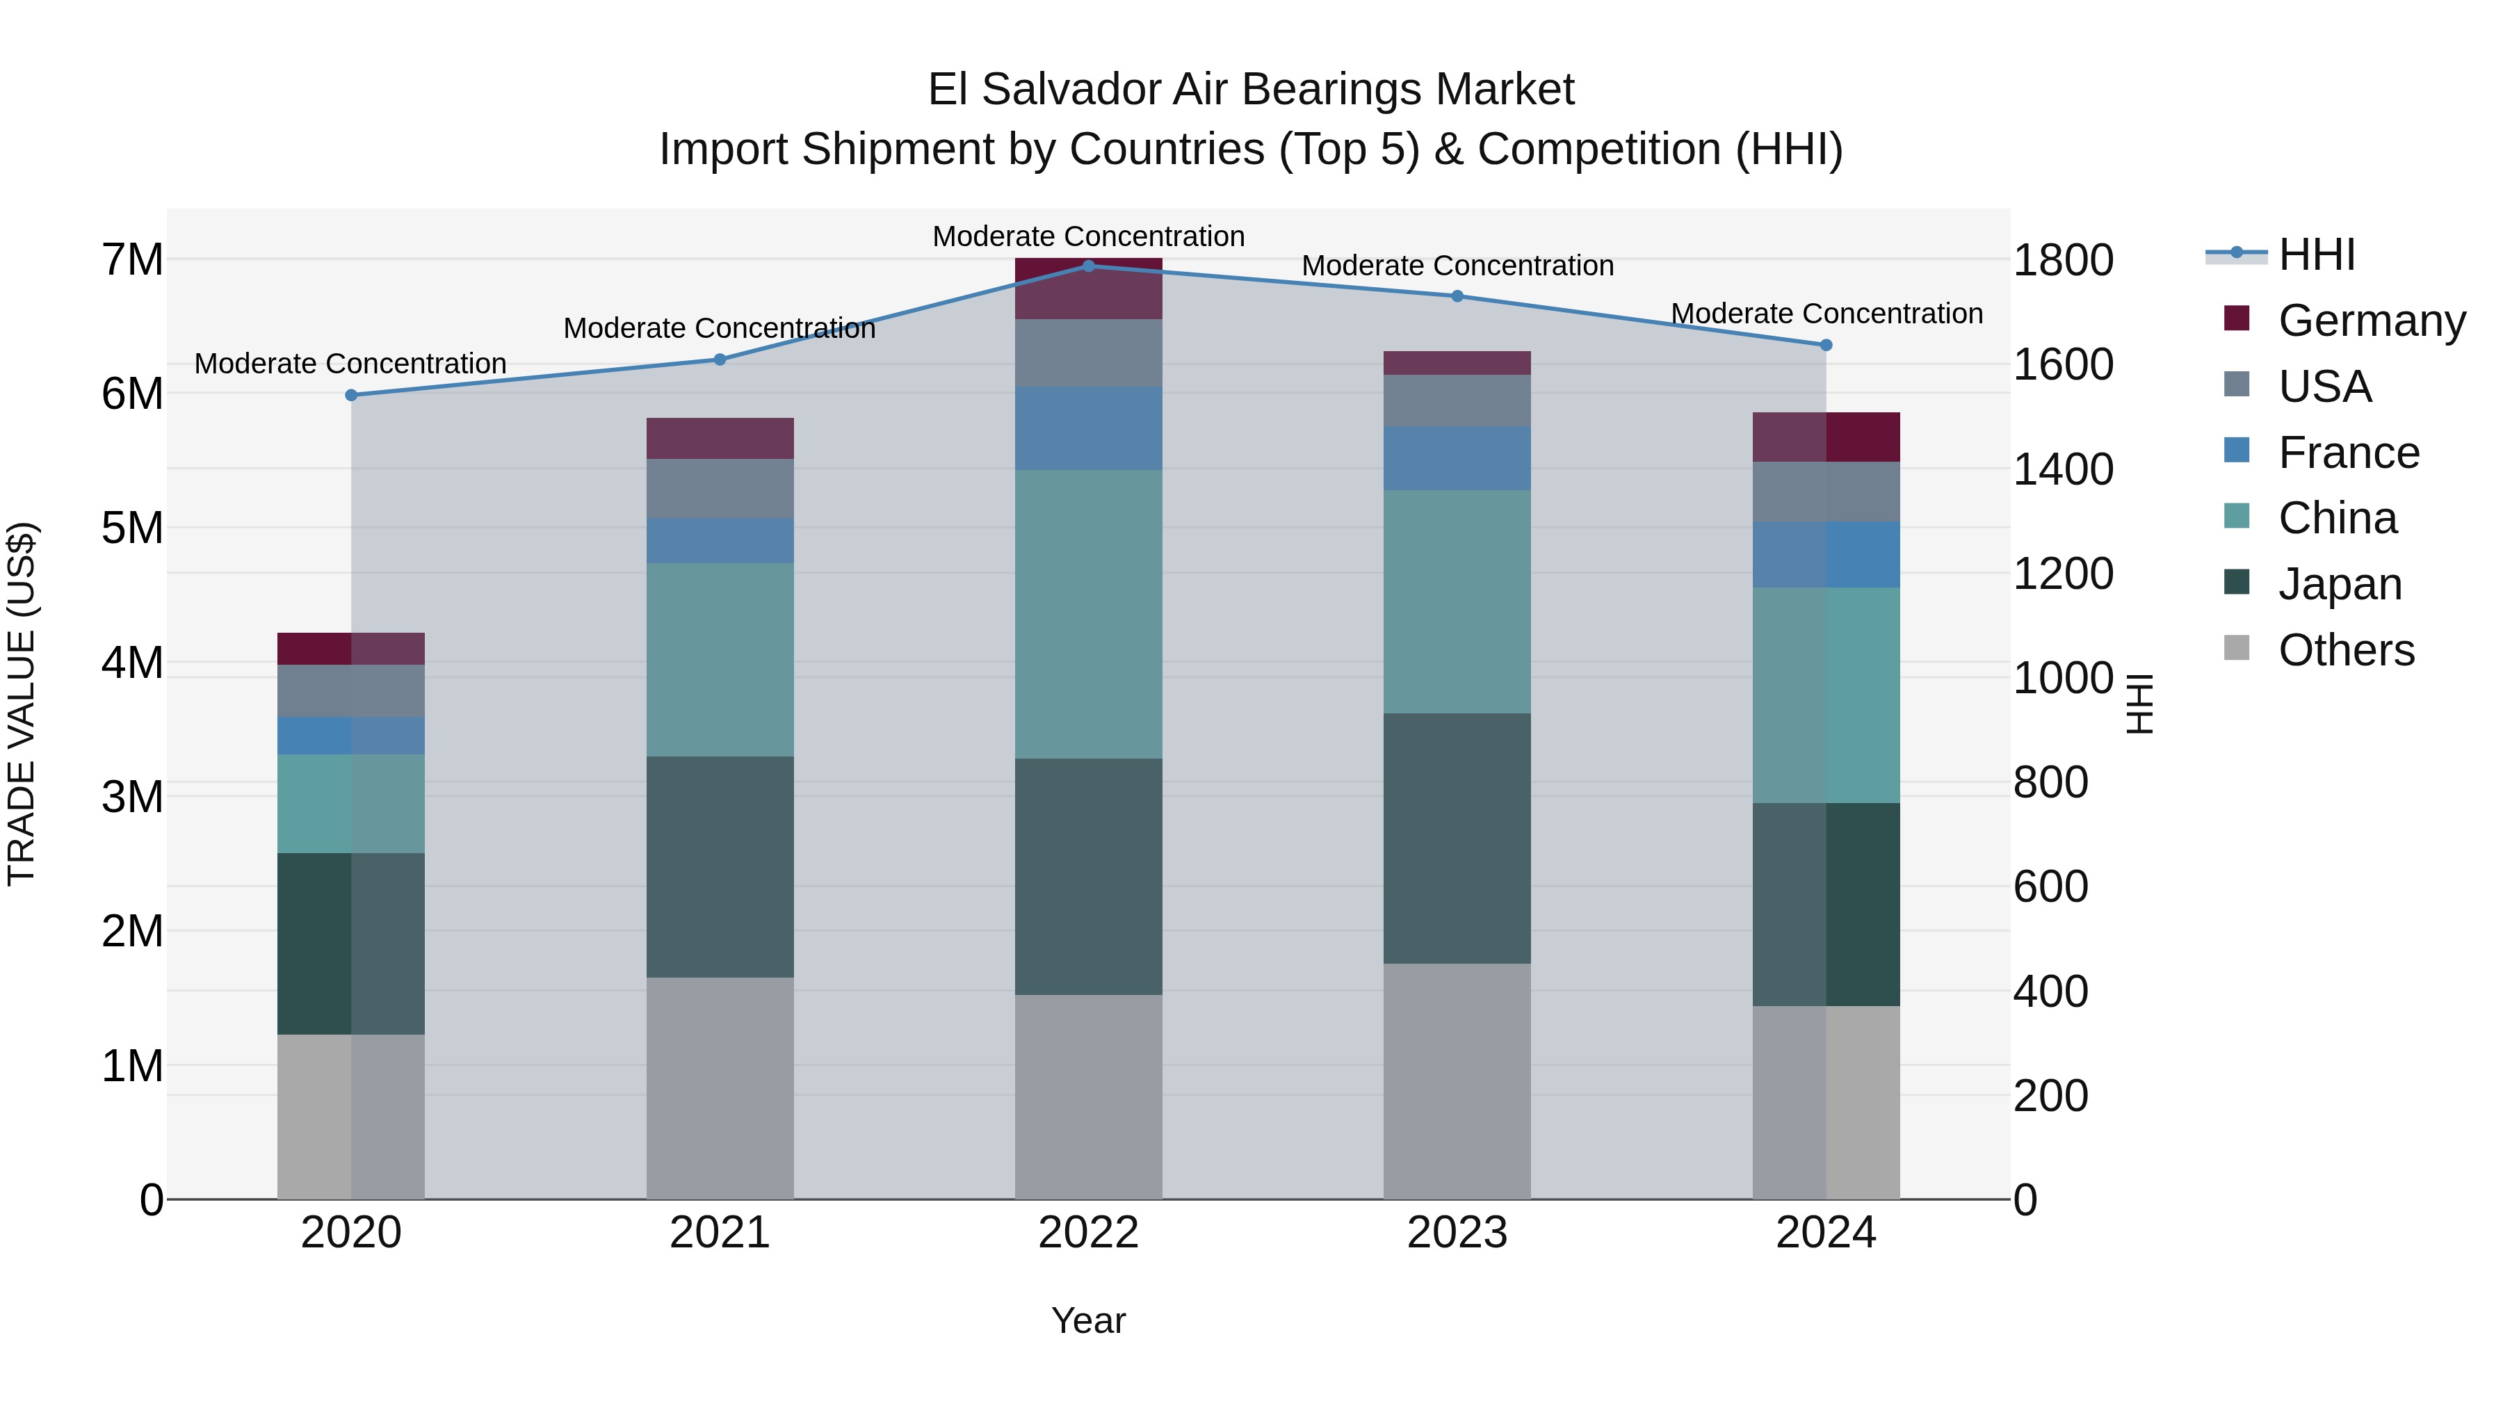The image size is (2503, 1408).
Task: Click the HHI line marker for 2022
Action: (x=1088, y=266)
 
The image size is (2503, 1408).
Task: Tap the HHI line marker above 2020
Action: (x=352, y=394)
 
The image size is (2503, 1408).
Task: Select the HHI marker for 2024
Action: (x=1826, y=345)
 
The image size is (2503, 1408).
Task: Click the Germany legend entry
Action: (x=2371, y=321)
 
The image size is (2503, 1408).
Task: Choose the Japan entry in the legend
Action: (x=2339, y=584)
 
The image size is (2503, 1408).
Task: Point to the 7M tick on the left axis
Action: (x=132, y=259)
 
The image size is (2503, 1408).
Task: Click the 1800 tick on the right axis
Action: (x=2063, y=261)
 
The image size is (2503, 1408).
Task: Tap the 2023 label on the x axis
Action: (x=1457, y=1233)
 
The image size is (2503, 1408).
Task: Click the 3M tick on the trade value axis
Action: (x=132, y=797)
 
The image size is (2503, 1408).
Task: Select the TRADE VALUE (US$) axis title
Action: (x=22, y=704)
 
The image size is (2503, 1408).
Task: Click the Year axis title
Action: (x=1088, y=1320)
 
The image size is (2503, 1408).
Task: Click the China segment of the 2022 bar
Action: (x=1088, y=614)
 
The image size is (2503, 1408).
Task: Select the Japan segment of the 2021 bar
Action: (x=720, y=867)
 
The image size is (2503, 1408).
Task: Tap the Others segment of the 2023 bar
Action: (x=1457, y=1081)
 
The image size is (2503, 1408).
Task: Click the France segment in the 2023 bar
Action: (x=1457, y=458)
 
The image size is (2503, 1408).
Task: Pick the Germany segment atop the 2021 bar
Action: (x=720, y=438)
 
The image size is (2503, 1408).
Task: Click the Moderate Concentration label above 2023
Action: (x=1457, y=266)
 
